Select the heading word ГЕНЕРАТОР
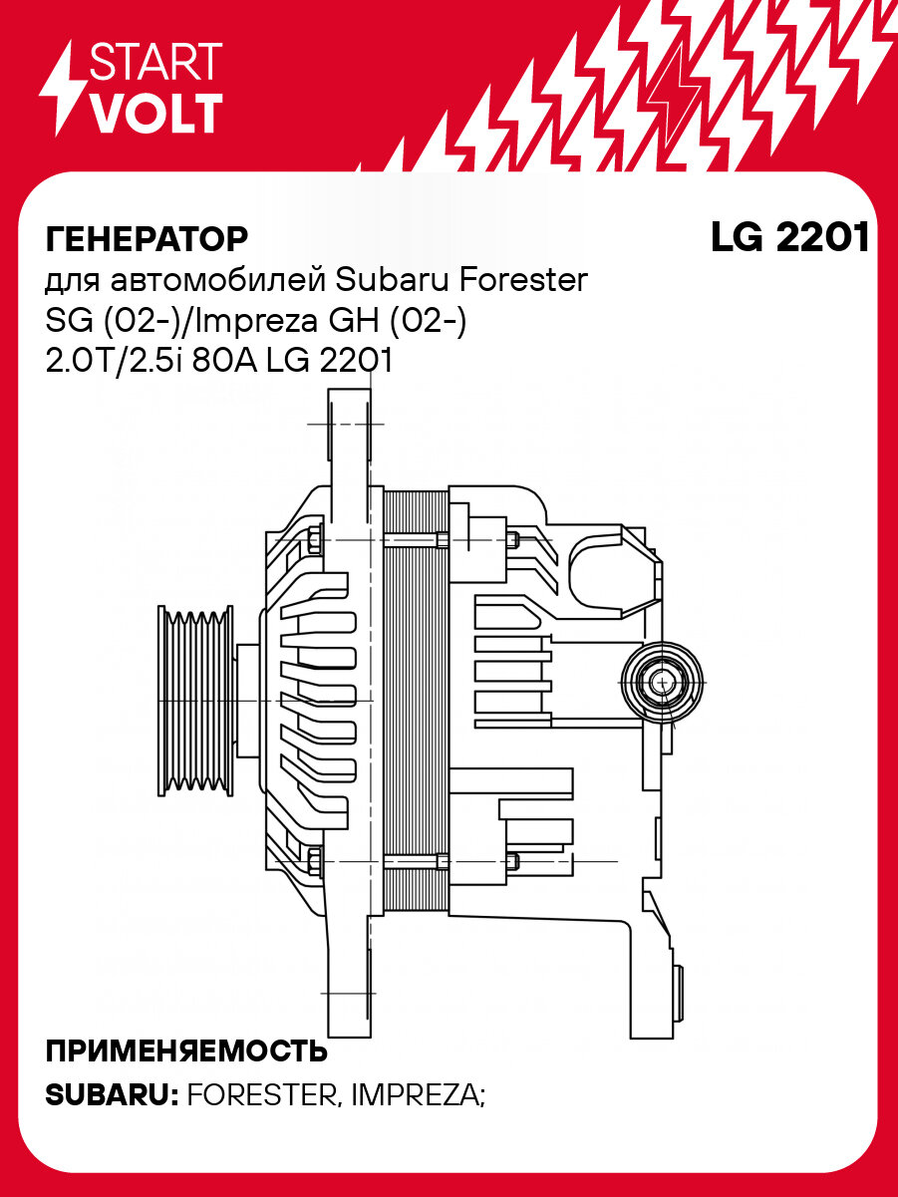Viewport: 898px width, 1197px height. click(147, 240)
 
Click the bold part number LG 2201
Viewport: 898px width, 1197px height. click(789, 237)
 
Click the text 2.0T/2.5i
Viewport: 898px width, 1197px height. click(109, 361)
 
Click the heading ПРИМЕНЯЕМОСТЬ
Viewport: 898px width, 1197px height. click(186, 1052)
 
